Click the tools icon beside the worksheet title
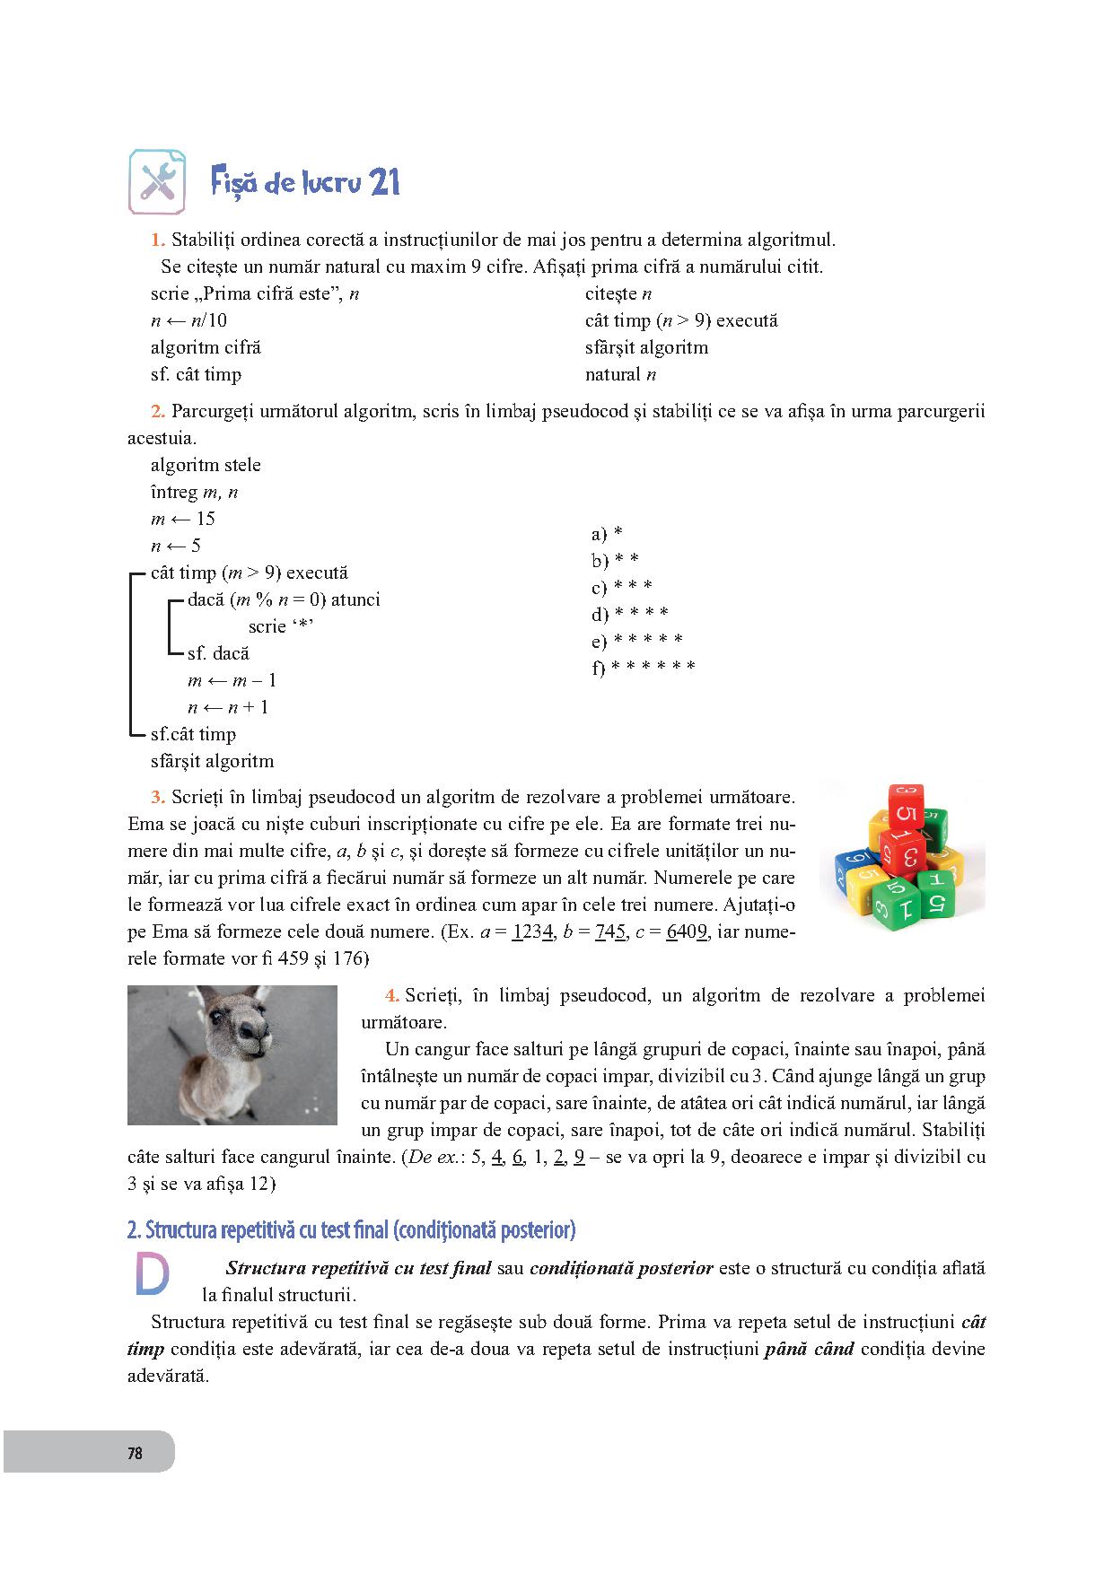pyautogui.click(x=158, y=182)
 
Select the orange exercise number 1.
pyautogui.click(x=157, y=240)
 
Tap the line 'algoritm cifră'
pyautogui.click(x=206, y=348)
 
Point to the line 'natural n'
pyautogui.click(x=620, y=375)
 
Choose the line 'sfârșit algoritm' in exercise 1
pyautogui.click(x=646, y=348)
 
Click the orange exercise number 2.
pyautogui.click(x=157, y=412)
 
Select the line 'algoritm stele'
pyautogui.click(x=206, y=465)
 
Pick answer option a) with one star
pyautogui.click(x=607, y=535)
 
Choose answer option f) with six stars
pyautogui.click(x=644, y=668)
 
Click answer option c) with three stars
pyautogui.click(x=621, y=588)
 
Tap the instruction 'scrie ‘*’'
pyautogui.click(x=280, y=626)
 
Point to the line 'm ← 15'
pyautogui.click(x=183, y=519)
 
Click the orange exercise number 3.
pyautogui.click(x=157, y=797)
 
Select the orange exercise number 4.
pyautogui.click(x=391, y=995)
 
